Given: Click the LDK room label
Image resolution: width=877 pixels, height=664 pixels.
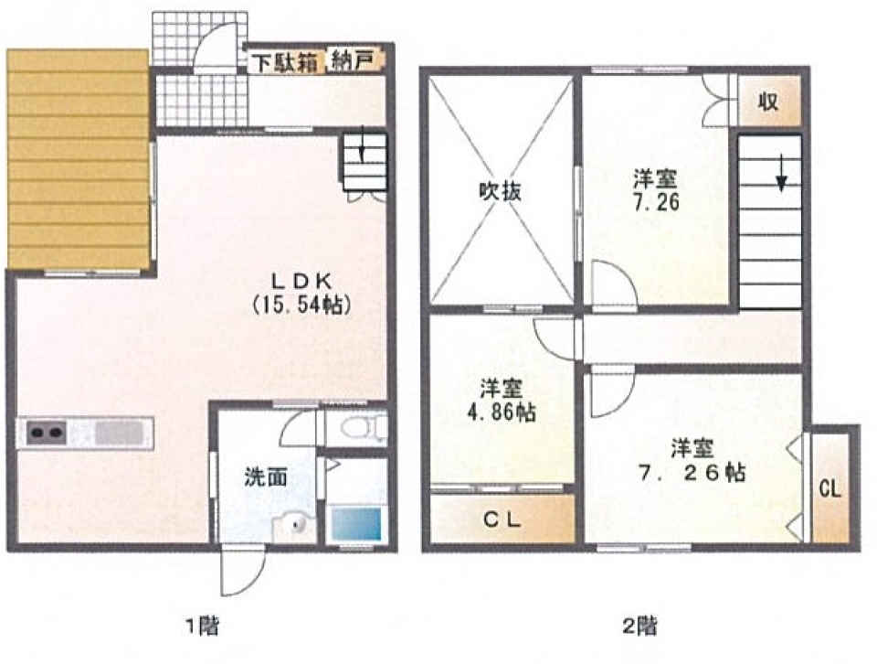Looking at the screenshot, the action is [301, 278].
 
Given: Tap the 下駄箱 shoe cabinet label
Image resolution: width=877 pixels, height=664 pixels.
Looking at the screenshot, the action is [284, 62].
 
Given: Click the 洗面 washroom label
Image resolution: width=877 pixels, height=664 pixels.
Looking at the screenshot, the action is [266, 477].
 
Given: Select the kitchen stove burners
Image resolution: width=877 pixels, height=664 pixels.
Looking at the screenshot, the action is [47, 433].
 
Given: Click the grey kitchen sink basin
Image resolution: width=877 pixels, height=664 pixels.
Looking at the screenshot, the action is [119, 434].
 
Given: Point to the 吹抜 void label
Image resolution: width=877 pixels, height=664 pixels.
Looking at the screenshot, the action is [501, 191].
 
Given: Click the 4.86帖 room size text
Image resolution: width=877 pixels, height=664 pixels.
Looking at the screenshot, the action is [502, 412].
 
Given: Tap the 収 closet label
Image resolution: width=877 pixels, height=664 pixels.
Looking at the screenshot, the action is [768, 102].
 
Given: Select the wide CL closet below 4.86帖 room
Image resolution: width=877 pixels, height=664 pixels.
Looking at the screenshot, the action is [502, 519].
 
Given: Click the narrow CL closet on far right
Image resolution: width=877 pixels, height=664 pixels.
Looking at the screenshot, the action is [830, 489].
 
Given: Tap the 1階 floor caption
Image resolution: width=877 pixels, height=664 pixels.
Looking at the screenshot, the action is [201, 625].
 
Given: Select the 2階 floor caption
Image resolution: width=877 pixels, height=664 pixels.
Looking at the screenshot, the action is [639, 625].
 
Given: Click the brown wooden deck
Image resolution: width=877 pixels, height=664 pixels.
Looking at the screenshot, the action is [78, 159].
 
